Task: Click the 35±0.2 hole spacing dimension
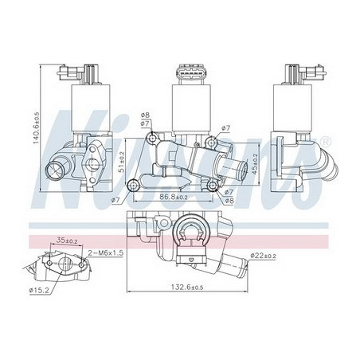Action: [65, 238]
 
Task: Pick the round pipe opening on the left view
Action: [58, 169]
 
